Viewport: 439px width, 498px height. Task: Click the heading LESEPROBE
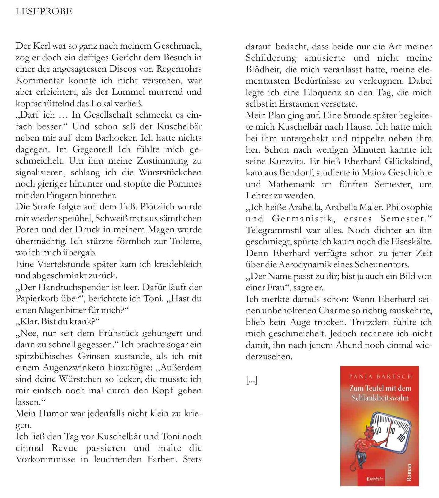tap(44, 12)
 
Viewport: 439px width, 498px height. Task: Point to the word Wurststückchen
tap(170, 172)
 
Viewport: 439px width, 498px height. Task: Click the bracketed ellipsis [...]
tap(252, 380)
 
